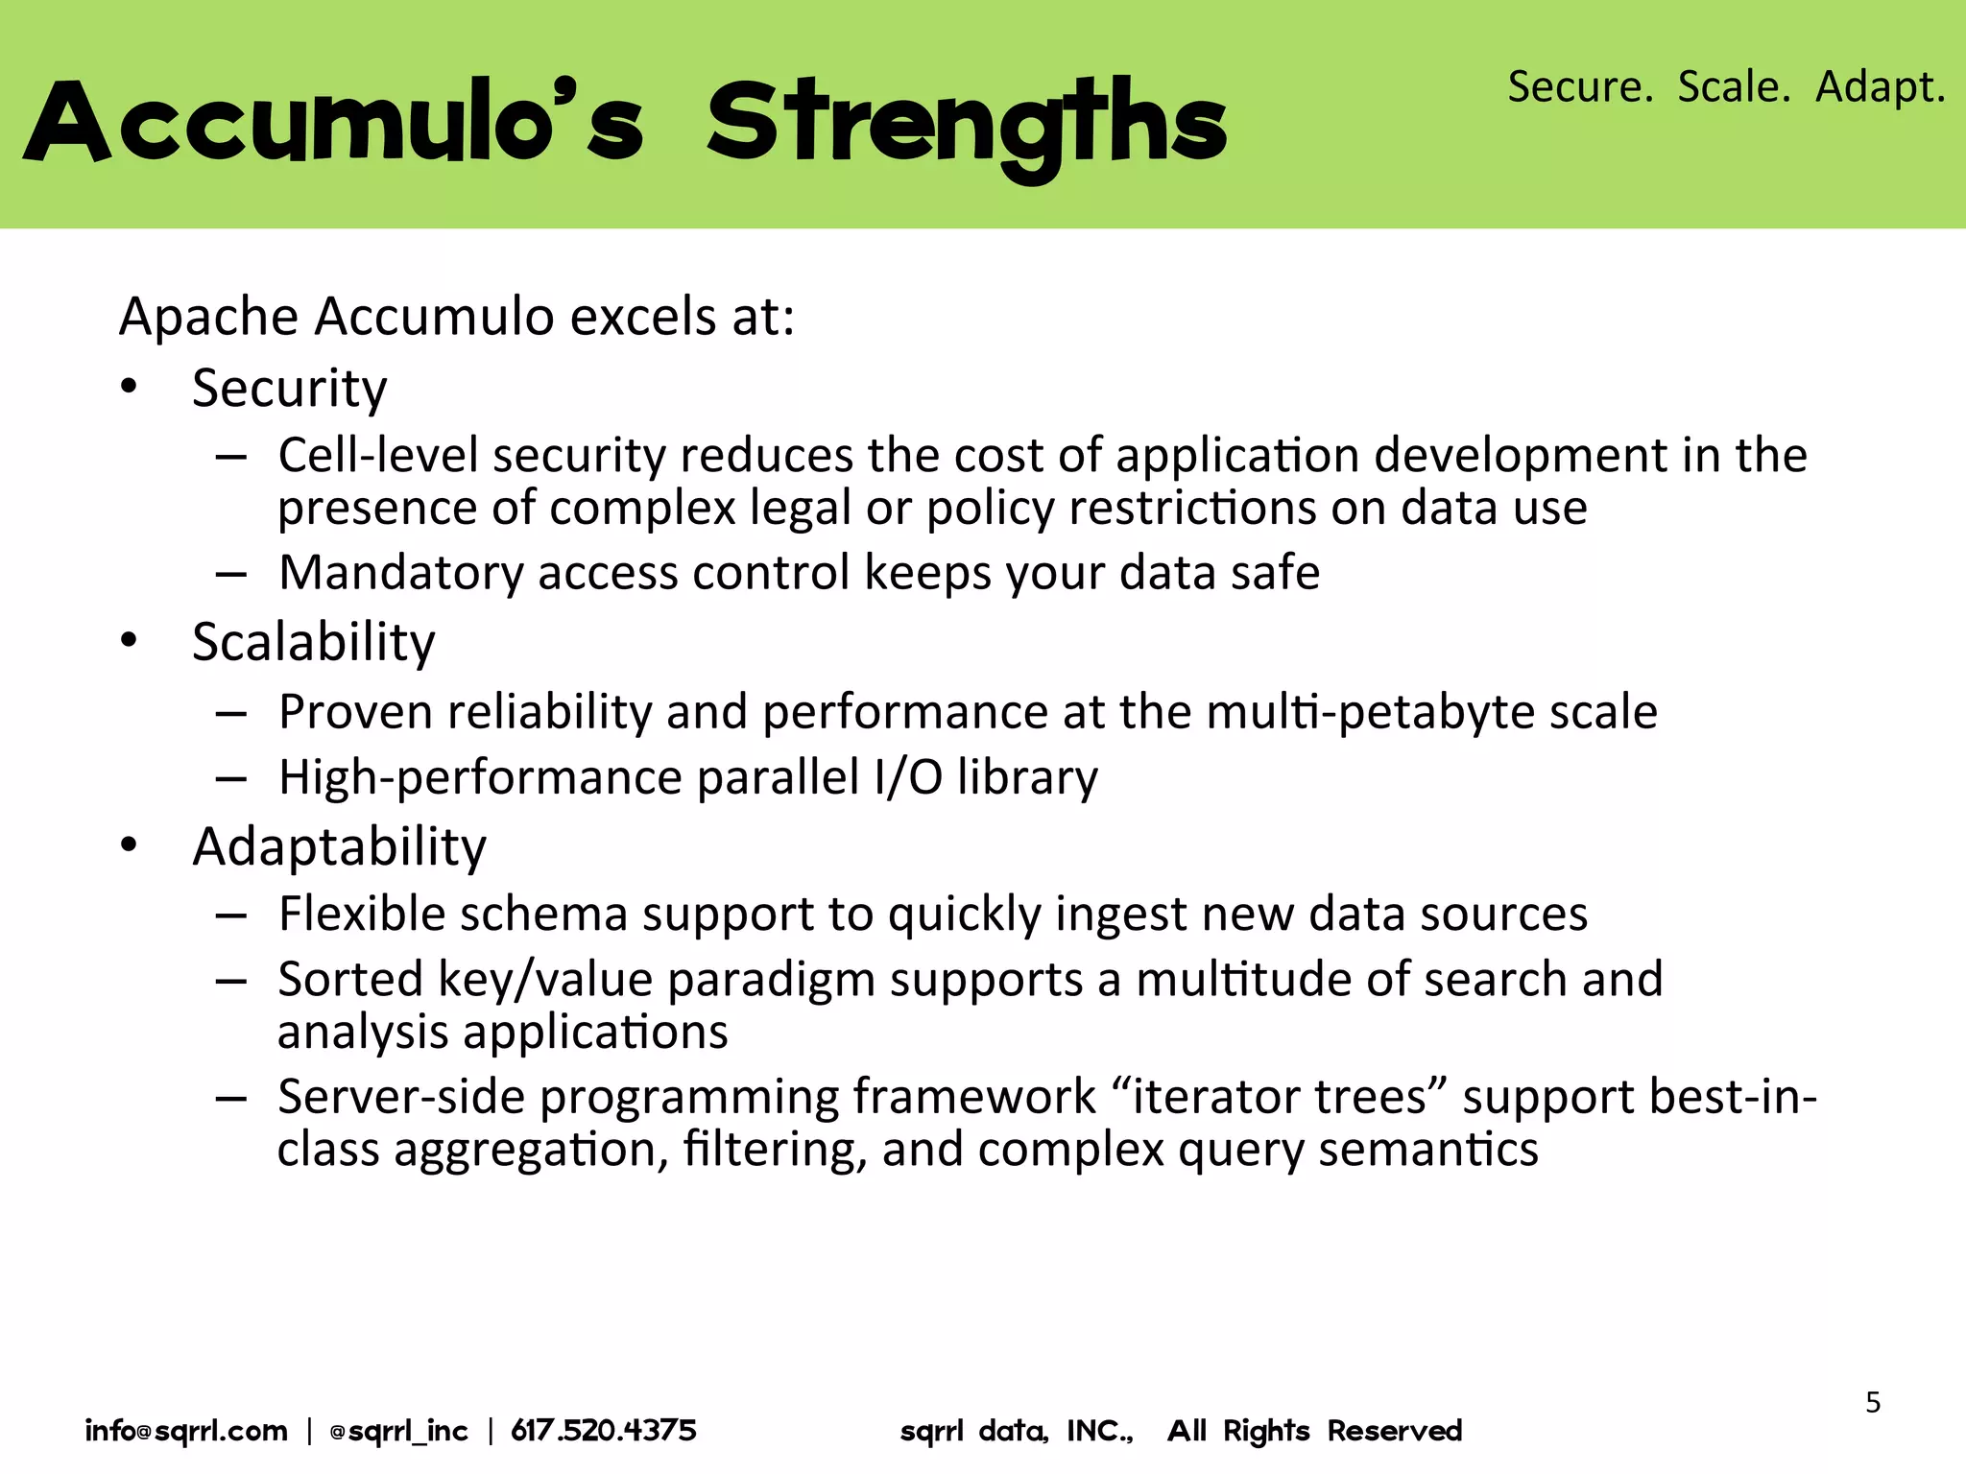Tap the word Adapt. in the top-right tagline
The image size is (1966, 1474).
point(1880,87)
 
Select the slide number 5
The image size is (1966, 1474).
point(1872,1403)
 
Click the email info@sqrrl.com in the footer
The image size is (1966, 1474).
point(186,1431)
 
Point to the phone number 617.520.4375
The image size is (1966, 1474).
point(603,1431)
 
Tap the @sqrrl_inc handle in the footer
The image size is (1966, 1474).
point(398,1431)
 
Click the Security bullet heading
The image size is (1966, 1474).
point(289,389)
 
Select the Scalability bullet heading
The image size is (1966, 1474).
point(313,642)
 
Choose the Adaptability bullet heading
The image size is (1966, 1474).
point(339,846)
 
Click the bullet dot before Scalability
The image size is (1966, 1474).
point(130,640)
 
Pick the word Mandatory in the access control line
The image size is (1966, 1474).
point(400,573)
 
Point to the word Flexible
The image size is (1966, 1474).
point(357,914)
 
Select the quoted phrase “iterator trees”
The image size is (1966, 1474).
point(1280,1097)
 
